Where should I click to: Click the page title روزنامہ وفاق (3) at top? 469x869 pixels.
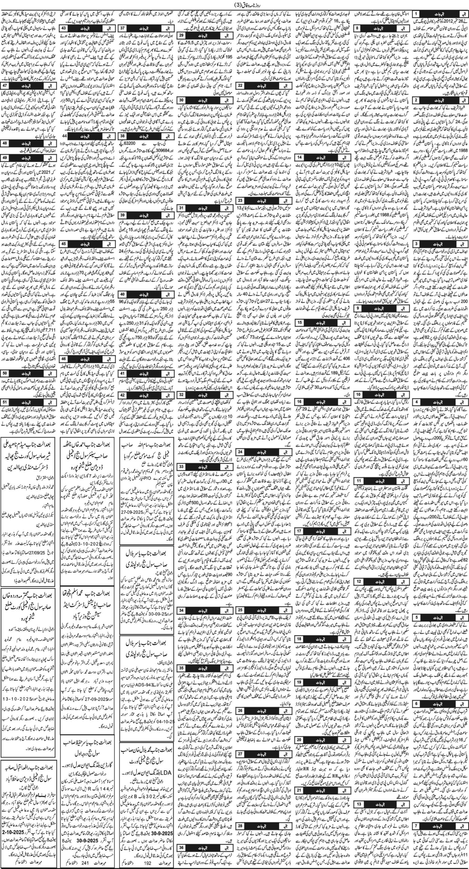[x=234, y=4]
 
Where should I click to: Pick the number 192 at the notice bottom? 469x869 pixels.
[x=138, y=864]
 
